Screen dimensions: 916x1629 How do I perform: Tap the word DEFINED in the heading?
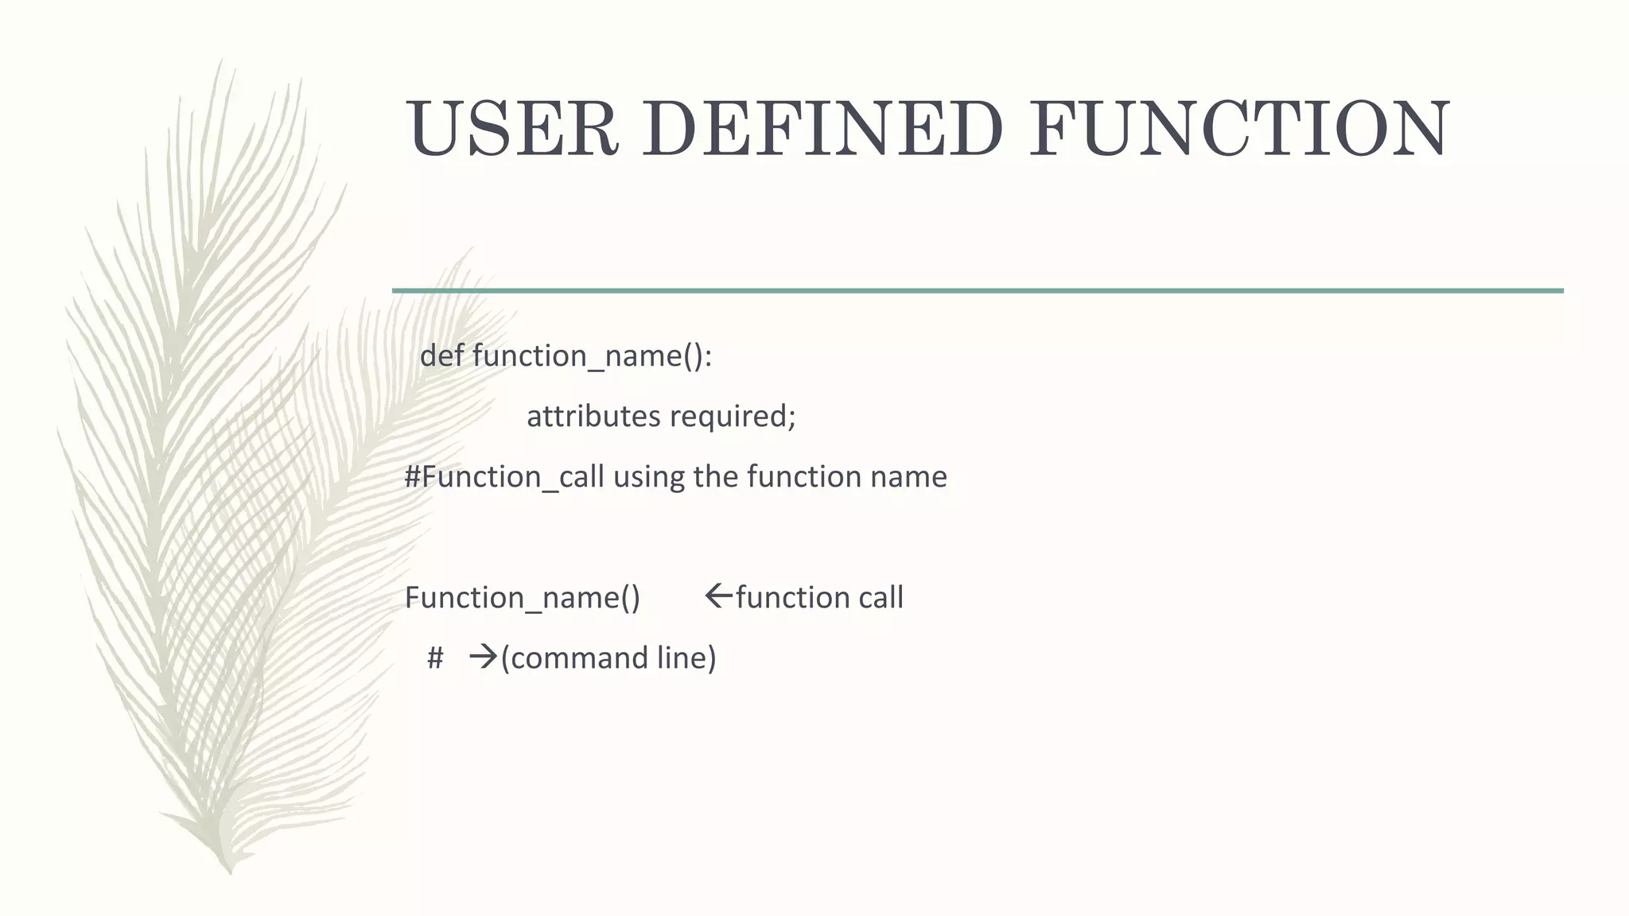pos(822,129)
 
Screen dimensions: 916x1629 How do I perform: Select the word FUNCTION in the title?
pos(1239,129)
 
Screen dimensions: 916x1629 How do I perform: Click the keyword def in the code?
pos(441,355)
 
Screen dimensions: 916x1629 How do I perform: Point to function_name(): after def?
pos(592,355)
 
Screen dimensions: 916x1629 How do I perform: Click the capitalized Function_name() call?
pos(522,597)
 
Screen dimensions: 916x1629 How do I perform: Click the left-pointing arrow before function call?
pos(718,596)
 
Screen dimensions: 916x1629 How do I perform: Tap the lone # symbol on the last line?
pos(434,658)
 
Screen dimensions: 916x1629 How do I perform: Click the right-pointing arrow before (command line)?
pos(483,657)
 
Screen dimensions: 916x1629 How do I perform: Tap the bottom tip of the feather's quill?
pos(231,871)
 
